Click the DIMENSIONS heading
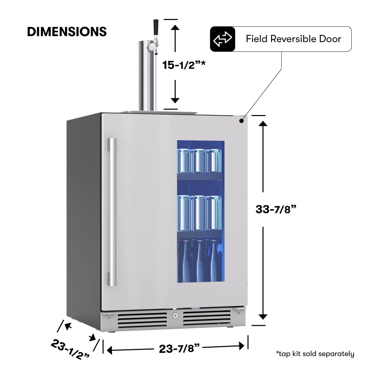[x=67, y=32]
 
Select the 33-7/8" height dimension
[x=276, y=209]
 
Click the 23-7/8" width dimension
[x=179, y=349]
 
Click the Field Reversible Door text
[x=293, y=39]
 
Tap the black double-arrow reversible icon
[x=223, y=39]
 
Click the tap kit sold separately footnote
[x=315, y=354]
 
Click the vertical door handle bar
[x=112, y=212]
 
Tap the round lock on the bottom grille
[x=175, y=316]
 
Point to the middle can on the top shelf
[x=200, y=161]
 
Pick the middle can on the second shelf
[x=200, y=213]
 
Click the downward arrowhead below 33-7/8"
[x=263, y=316]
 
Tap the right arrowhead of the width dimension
[x=241, y=346]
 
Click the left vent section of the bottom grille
[x=142, y=320]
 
